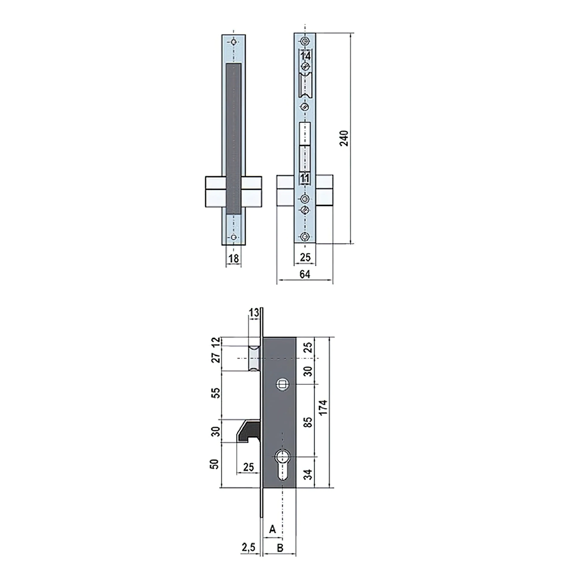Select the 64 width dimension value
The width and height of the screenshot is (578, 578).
click(x=305, y=274)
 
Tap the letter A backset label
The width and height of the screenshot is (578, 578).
click(x=272, y=529)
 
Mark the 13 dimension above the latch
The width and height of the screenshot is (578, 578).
click(x=254, y=313)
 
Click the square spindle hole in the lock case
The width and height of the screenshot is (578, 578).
click(x=282, y=385)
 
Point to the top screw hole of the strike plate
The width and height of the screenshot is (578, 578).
click(x=234, y=42)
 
